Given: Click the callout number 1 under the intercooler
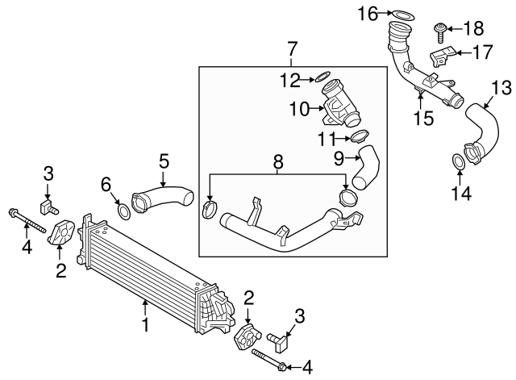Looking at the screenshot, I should pos(146,325).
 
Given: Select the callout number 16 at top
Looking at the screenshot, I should pos(368,13).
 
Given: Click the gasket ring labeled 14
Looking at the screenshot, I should pos(457,162).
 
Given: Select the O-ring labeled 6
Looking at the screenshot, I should pos(123,211).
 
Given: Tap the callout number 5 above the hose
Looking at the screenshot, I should pos(164,160).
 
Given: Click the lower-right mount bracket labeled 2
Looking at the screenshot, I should pos(247,338).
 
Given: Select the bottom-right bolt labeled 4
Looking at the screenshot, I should pos(268,360).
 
